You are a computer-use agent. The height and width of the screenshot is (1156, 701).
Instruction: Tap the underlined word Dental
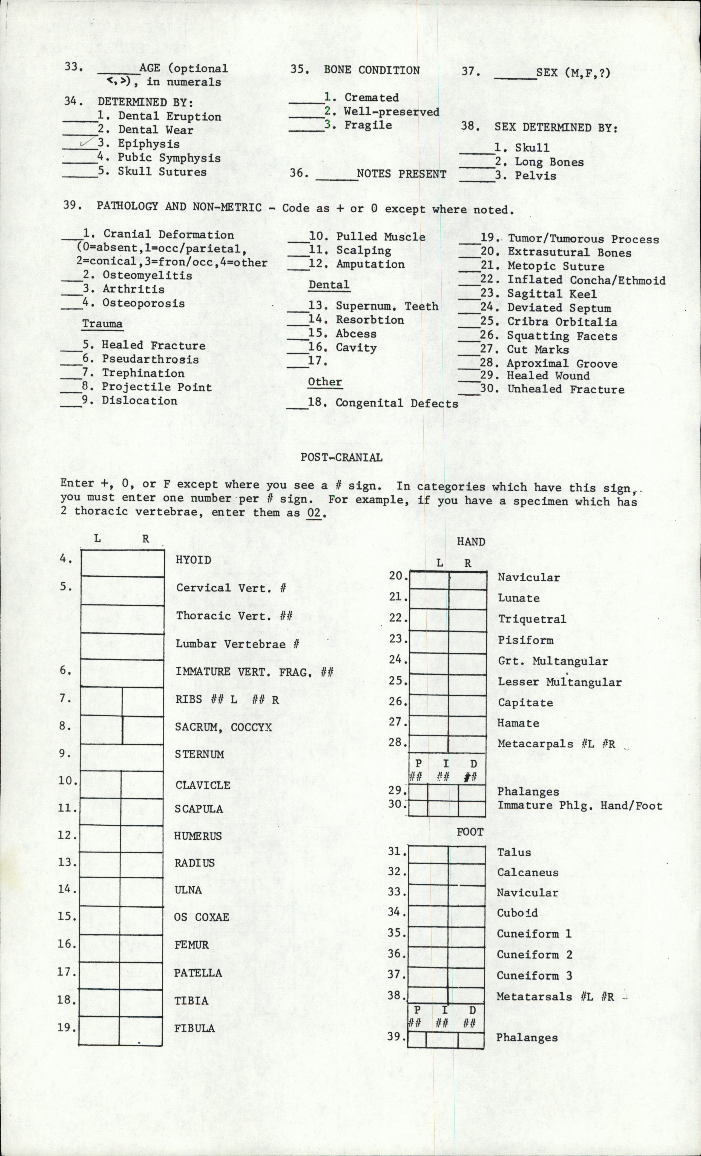click(x=329, y=285)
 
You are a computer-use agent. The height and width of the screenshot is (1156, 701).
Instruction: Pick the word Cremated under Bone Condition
click(x=371, y=98)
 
